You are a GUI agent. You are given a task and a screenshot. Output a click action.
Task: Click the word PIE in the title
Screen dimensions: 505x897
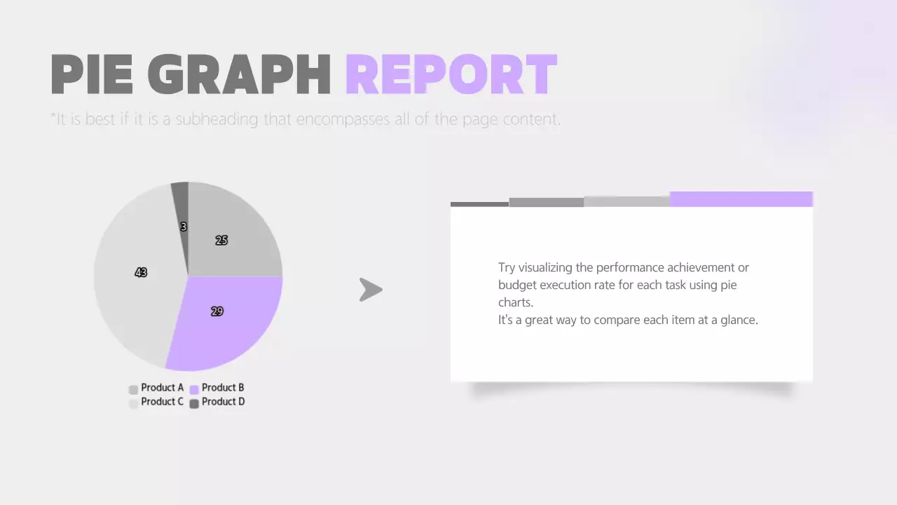point(92,74)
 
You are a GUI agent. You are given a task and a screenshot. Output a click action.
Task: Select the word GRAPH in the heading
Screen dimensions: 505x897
point(239,74)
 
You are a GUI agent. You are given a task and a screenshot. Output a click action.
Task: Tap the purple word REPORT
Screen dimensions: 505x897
point(451,74)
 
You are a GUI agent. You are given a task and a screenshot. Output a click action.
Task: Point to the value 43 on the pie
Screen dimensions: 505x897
point(141,272)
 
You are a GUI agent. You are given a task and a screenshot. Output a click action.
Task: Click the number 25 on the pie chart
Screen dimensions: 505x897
point(221,240)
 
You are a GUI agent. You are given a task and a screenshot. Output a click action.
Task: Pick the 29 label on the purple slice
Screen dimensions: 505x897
point(217,311)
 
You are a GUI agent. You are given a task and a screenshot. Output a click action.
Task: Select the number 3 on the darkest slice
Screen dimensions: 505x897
point(183,227)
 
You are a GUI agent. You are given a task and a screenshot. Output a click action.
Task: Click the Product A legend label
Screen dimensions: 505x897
point(162,388)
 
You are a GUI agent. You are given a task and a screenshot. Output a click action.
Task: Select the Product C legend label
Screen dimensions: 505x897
point(162,402)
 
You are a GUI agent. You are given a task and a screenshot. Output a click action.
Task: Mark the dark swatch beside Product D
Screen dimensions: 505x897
point(194,403)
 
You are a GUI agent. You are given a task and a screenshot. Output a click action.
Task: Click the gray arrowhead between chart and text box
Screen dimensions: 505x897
point(370,290)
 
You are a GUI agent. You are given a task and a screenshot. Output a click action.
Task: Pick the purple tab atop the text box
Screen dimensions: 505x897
point(741,199)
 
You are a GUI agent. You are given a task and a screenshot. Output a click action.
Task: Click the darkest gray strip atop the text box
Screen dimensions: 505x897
point(479,204)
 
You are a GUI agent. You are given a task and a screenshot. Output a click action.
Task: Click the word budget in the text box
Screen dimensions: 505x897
point(515,285)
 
